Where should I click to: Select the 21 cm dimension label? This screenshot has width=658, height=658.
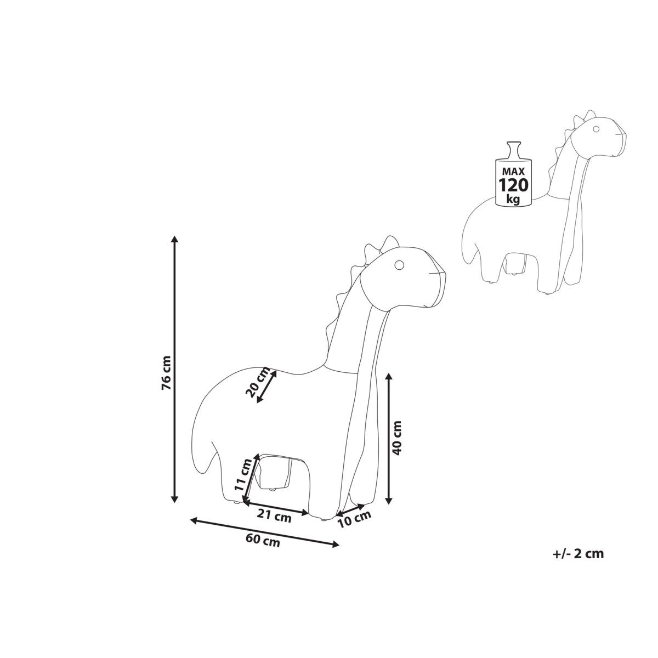(274, 517)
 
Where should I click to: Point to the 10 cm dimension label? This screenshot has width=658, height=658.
(354, 520)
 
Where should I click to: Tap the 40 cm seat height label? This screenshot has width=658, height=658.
(397, 438)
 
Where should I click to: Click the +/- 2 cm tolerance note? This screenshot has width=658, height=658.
(578, 563)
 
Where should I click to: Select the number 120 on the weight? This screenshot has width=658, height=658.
(514, 185)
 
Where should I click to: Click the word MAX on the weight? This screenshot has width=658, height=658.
(513, 172)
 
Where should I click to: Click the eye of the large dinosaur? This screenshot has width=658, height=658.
(399, 265)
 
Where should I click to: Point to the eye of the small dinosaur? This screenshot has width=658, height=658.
(596, 129)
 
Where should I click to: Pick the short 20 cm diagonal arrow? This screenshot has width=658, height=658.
(266, 386)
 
